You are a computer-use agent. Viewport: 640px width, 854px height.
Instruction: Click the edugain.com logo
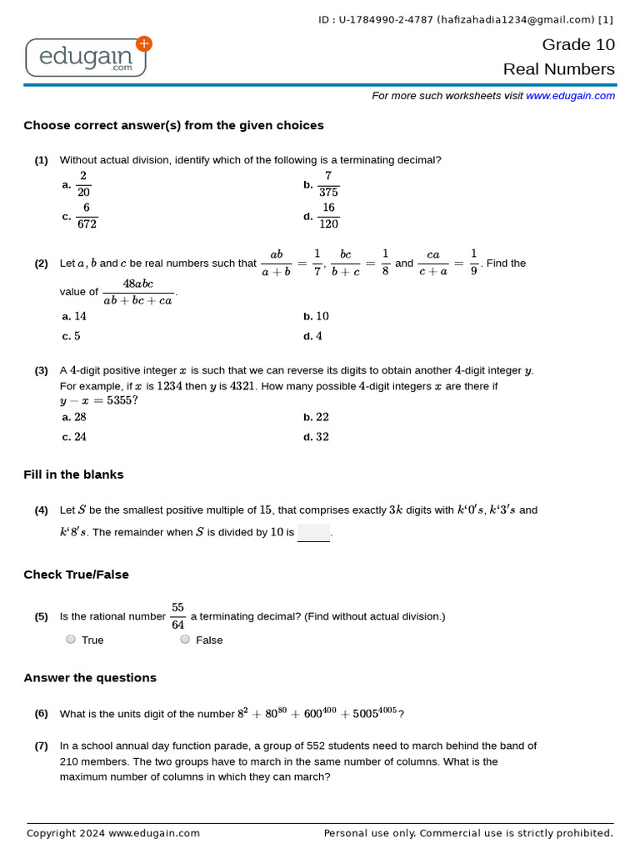pyautogui.click(x=87, y=57)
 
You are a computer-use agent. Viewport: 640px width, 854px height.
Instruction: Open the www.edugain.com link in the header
pyautogui.click(x=570, y=96)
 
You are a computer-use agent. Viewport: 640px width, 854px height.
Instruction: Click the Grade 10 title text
pyautogui.click(x=578, y=45)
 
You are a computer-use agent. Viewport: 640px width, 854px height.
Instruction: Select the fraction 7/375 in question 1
pyautogui.click(x=328, y=185)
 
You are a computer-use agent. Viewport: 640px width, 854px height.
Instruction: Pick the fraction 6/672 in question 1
pyautogui.click(x=86, y=216)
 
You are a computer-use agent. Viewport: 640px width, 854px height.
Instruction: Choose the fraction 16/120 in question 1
pyautogui.click(x=328, y=216)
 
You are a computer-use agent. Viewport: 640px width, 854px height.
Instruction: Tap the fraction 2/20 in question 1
pyautogui.click(x=83, y=185)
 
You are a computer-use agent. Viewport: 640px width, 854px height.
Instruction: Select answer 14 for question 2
pyautogui.click(x=80, y=317)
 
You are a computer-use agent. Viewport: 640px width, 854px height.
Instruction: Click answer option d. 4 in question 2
pyautogui.click(x=318, y=337)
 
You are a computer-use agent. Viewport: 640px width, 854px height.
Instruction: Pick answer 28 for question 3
pyautogui.click(x=80, y=418)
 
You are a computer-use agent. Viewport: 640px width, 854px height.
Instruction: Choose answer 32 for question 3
pyautogui.click(x=322, y=438)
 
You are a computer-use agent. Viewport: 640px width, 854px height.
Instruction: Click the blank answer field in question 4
pyautogui.click(x=313, y=533)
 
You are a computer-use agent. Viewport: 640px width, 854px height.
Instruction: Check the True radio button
pyautogui.click(x=71, y=640)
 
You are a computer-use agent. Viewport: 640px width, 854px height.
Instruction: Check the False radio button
pyautogui.click(x=185, y=640)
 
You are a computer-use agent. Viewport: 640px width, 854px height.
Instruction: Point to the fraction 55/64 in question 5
pyautogui.click(x=177, y=616)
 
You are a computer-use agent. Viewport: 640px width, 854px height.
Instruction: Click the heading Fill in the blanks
pyautogui.click(x=73, y=475)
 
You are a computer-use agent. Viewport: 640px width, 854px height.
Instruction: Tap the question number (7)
pyautogui.click(x=41, y=746)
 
